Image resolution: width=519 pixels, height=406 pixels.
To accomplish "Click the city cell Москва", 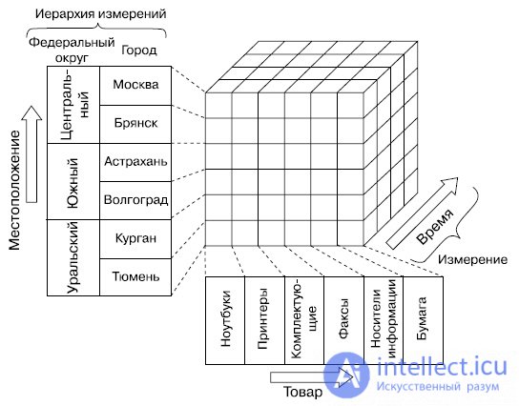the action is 135,86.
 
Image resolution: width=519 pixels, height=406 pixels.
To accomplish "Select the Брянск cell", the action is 135,124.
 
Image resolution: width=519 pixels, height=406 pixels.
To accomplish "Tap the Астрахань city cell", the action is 135,162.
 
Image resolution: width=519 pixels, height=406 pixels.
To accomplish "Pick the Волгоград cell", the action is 135,200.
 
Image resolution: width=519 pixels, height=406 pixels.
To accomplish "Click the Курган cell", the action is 135,239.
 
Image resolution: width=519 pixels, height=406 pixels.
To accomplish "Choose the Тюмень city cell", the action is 135,277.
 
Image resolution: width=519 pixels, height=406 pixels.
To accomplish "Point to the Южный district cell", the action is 73,181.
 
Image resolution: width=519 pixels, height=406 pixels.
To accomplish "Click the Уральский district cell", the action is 73,257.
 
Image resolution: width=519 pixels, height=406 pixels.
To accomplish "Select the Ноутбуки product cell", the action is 225,320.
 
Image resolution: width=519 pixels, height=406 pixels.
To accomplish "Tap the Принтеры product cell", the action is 264,320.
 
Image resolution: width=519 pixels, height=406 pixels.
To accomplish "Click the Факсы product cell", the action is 343,320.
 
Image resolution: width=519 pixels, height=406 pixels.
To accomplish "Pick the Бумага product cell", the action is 423,320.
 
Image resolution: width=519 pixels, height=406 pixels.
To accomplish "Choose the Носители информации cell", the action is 384,320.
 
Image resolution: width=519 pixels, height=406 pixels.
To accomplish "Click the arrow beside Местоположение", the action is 31,154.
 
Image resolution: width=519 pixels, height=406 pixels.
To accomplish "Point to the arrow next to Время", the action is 423,213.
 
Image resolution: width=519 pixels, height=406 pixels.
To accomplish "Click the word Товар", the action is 302,392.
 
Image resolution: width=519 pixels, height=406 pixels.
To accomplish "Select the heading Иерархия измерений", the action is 100,14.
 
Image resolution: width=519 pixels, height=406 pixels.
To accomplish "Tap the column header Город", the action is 139,51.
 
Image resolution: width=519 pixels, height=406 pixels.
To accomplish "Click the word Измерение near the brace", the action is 472,260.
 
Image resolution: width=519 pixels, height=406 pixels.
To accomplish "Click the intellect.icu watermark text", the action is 442,367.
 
